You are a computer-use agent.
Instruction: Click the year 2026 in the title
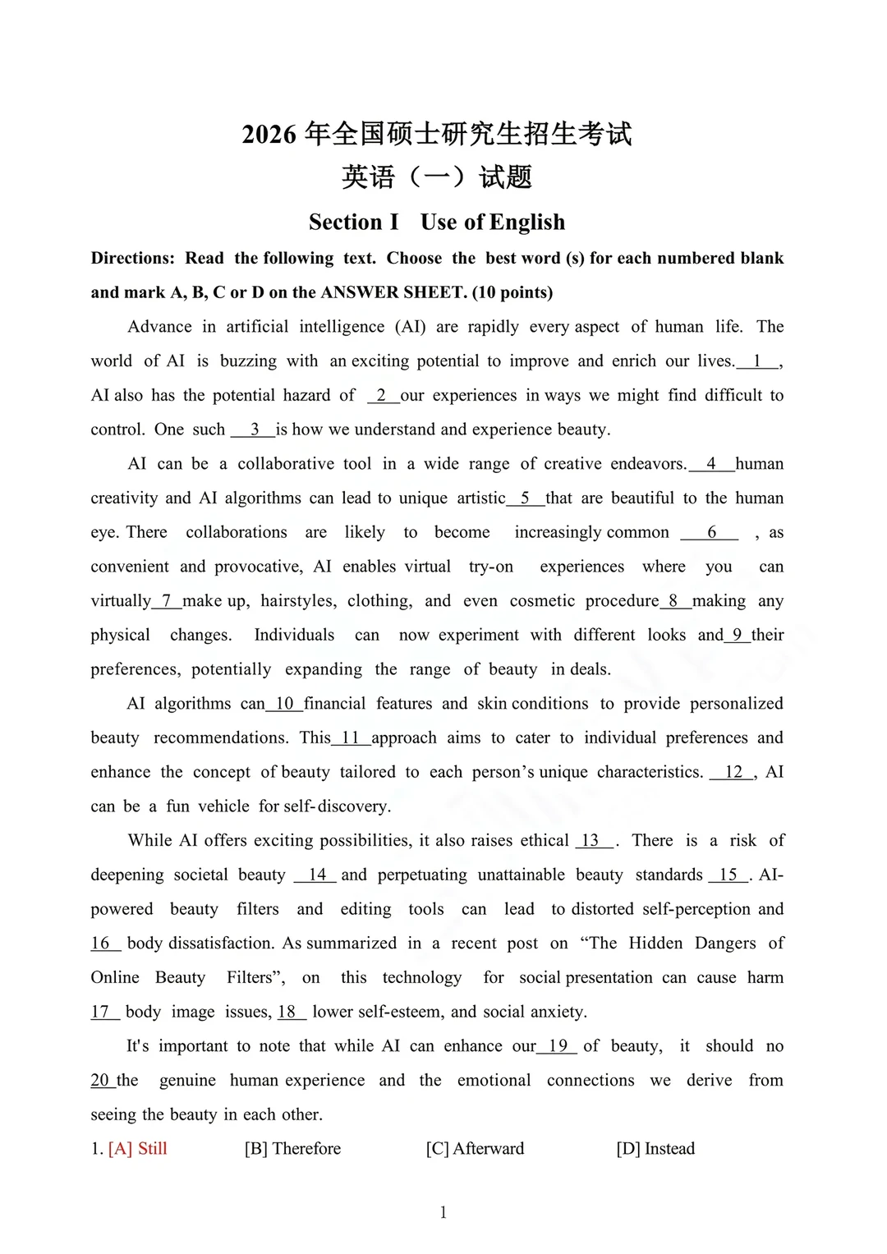point(269,135)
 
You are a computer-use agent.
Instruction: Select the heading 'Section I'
point(353,223)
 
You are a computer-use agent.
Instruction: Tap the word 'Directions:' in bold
point(132,259)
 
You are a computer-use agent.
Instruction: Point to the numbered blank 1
point(757,361)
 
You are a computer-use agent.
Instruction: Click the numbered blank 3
point(254,429)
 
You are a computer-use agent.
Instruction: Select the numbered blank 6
point(711,532)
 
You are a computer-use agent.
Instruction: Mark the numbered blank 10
point(284,704)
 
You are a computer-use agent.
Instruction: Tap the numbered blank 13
point(591,841)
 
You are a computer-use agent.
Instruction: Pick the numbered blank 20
point(100,1080)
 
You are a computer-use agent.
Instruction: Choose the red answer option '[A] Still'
point(137,1149)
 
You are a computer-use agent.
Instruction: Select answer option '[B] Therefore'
point(292,1149)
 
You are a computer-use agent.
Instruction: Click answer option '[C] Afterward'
point(475,1149)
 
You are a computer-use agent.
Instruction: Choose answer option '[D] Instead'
point(655,1149)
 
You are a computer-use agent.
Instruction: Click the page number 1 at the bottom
point(443,1213)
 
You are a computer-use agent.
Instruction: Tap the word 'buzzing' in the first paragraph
point(248,361)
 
